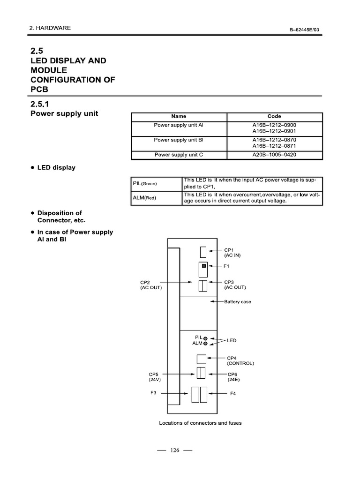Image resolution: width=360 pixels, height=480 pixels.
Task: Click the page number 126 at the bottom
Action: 175,450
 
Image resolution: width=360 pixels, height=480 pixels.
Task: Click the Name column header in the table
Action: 179,116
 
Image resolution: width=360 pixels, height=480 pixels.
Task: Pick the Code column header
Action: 274,116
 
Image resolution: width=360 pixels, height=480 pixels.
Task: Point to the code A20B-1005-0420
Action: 274,154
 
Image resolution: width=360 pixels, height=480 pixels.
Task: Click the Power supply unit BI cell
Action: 179,140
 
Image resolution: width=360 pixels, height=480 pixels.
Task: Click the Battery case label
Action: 237,302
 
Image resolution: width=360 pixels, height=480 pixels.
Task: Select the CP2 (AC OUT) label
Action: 150,285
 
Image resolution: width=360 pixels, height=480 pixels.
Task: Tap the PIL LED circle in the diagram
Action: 205,337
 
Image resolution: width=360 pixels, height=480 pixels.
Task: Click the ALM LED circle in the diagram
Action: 205,344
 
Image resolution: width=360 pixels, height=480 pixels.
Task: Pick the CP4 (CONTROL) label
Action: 240,360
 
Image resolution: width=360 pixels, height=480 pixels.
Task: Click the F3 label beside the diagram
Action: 153,393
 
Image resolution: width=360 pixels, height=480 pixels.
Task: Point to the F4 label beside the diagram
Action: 232,393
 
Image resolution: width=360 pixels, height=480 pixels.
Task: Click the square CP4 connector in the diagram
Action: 202,359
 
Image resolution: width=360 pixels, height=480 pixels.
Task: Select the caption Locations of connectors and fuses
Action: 200,423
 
